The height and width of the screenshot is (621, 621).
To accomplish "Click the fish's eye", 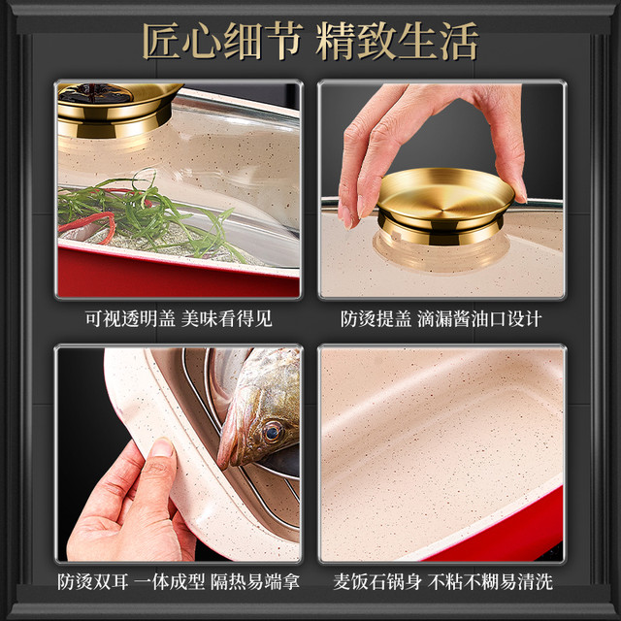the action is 273,432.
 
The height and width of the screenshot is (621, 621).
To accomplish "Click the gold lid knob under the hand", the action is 445,206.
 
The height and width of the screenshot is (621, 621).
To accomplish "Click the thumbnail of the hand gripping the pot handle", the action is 162,448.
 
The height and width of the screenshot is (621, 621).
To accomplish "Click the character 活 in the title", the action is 459,41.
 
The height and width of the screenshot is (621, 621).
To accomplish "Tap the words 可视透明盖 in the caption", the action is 130,319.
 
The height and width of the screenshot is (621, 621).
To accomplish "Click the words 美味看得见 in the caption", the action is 226,319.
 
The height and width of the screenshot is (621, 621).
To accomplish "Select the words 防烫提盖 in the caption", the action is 376,319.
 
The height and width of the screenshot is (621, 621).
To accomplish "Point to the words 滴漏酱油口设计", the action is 479,319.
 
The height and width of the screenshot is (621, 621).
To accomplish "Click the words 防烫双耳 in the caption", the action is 93,582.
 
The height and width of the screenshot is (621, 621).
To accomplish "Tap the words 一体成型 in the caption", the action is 169,582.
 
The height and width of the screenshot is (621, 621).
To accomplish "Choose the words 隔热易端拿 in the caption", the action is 254,582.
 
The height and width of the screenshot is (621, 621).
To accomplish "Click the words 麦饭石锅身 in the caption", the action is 377,582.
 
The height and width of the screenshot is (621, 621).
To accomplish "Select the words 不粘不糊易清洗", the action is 490,582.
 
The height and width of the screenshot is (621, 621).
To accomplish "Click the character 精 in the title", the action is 336,41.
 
